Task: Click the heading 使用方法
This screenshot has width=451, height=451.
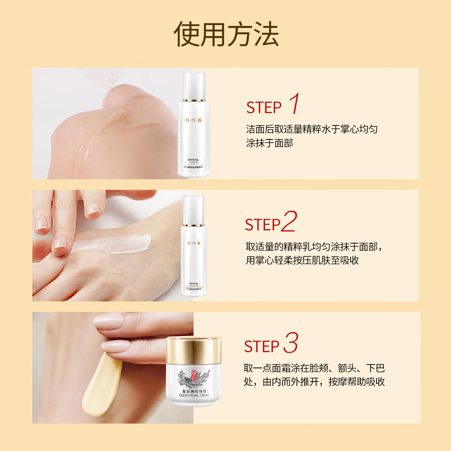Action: pos(226,35)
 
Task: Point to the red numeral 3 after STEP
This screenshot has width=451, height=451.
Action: pos(291,343)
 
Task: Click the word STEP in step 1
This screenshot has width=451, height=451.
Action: pos(263,108)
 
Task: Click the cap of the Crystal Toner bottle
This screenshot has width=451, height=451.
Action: pos(194,85)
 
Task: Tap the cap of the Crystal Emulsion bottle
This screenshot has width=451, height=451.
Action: pos(194,209)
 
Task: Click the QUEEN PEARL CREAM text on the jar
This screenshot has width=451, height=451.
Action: pos(194,395)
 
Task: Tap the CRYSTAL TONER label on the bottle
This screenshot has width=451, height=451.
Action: pos(193,161)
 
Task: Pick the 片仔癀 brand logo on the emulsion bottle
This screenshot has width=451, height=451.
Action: pos(194,243)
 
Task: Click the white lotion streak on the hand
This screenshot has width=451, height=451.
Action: pos(113,242)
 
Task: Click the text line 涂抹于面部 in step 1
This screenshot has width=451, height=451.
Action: pos(269,143)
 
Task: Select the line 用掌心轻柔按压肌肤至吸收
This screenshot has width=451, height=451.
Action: pos(302,260)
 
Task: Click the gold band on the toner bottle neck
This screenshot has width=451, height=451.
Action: pos(194,101)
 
